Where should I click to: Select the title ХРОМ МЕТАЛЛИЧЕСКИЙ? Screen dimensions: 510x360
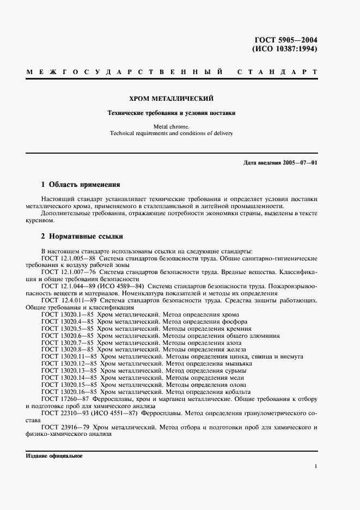pos(170,99)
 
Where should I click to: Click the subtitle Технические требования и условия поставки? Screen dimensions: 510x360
pos(170,113)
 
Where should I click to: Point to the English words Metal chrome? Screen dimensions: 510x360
pos(170,126)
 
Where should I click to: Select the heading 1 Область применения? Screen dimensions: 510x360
pos(81,185)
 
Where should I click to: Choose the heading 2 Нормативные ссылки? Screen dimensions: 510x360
pos(82,236)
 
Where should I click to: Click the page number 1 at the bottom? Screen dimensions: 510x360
pos(316,466)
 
